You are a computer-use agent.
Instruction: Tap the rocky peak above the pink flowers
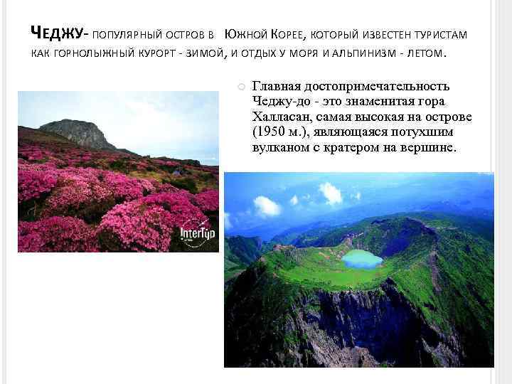pos(76,132)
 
